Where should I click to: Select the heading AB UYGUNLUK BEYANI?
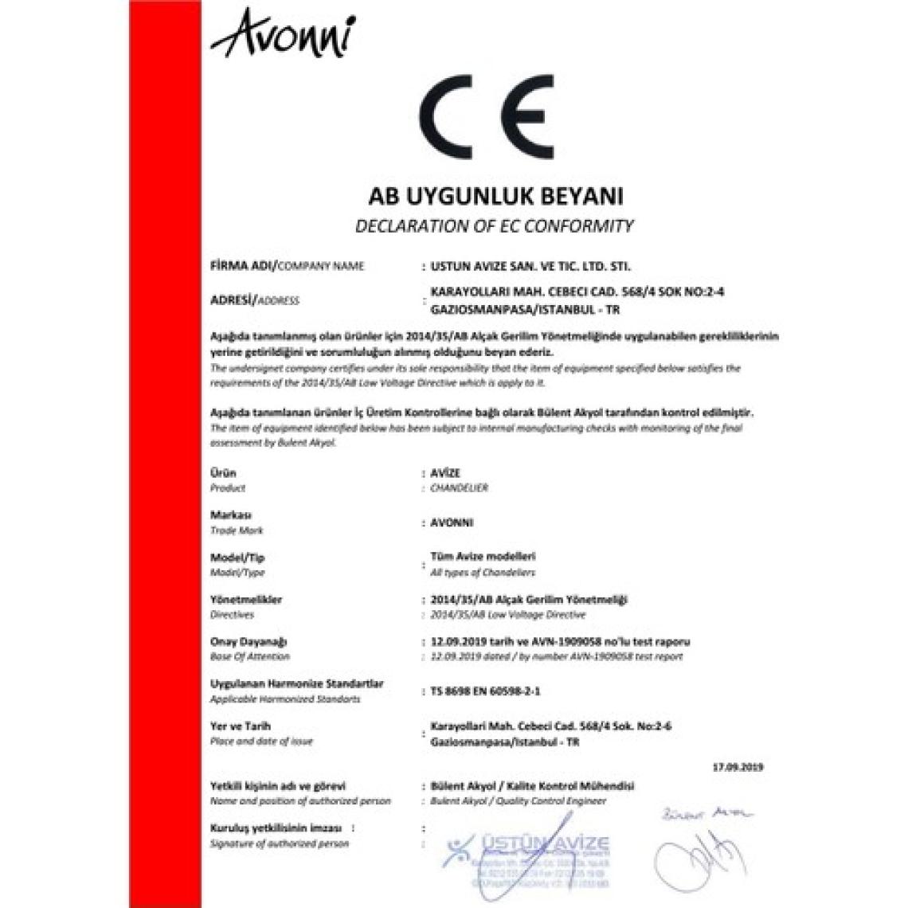point(493,196)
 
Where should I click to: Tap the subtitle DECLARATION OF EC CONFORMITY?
point(493,226)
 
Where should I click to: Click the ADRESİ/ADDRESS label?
point(254,300)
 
